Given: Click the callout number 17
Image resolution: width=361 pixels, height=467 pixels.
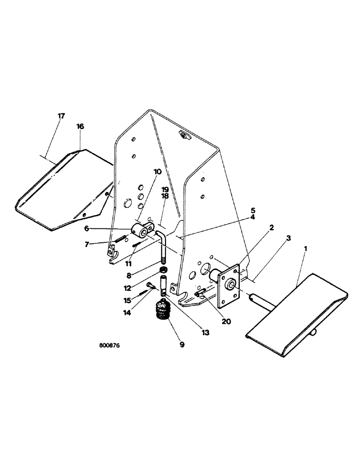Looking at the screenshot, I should point(61,116).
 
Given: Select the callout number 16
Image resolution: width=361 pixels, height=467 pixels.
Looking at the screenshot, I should point(80,127).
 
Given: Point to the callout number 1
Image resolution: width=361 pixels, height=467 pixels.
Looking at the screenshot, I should point(306,250).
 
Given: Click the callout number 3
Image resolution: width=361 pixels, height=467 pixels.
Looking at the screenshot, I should point(289,238).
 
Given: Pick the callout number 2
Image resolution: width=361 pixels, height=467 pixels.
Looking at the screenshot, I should point(271,227).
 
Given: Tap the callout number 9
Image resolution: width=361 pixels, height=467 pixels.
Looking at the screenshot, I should point(182,345).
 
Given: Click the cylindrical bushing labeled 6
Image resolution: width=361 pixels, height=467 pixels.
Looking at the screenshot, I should point(141,231).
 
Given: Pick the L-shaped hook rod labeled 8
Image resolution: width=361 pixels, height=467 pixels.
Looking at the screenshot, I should point(163,248).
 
